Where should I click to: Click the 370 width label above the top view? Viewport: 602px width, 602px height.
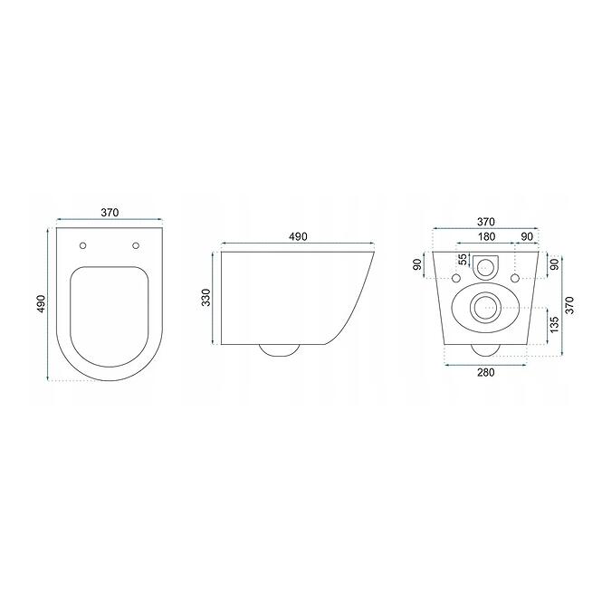tap(110, 213)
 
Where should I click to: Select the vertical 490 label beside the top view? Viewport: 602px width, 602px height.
tap(41, 303)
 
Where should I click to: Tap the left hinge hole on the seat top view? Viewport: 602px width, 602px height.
tap(82, 245)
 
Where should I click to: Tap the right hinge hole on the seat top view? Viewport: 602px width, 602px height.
tap(136, 245)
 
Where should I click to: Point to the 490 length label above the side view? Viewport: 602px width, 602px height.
tap(298, 236)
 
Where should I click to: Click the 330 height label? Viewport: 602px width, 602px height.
tap(206, 298)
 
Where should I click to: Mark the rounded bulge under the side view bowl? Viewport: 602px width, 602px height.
tap(279, 350)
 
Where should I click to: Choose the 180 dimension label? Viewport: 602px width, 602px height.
tap(486, 236)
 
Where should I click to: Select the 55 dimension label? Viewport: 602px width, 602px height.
tap(463, 260)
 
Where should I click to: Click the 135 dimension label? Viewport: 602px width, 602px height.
tap(554, 324)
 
